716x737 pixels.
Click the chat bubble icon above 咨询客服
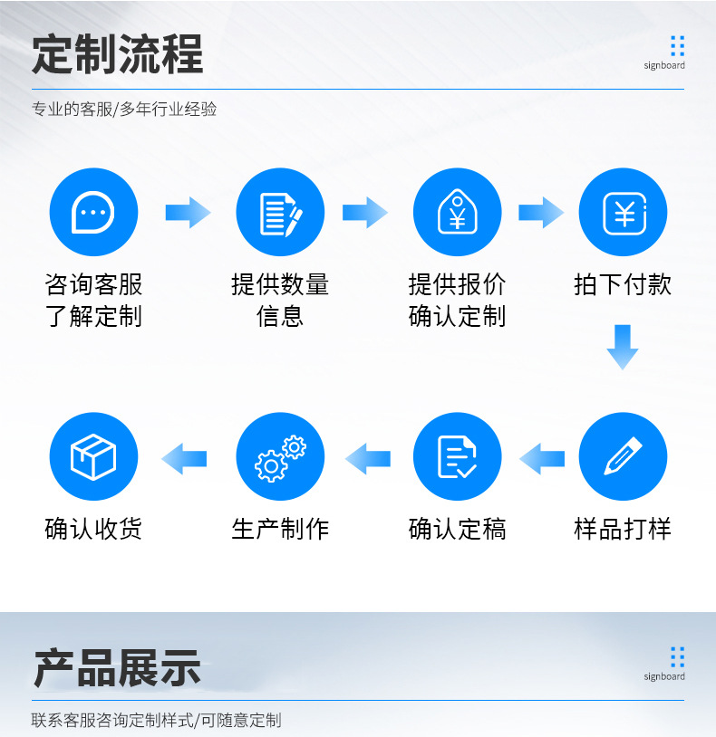click(x=93, y=213)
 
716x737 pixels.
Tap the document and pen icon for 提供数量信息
click(x=280, y=213)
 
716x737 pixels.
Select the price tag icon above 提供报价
click(x=457, y=213)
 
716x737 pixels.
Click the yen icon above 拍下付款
click(x=623, y=213)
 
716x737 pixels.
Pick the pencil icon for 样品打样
click(x=623, y=457)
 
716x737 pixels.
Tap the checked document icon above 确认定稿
click(x=457, y=457)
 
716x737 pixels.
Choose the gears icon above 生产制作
click(x=280, y=457)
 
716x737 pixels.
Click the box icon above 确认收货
click(x=93, y=457)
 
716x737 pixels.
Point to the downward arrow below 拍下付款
click(x=623, y=347)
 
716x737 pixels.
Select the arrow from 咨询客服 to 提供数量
click(x=188, y=213)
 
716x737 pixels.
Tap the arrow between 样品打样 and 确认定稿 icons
click(x=542, y=458)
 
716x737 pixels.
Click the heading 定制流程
click(x=118, y=54)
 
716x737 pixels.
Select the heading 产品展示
click(x=117, y=668)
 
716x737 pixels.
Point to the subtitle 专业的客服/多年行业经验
click(x=125, y=110)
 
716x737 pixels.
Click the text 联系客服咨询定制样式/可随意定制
click(x=157, y=721)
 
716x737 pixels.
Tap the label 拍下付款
click(x=623, y=284)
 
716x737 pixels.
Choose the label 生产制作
click(x=280, y=529)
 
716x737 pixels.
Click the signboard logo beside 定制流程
click(x=665, y=52)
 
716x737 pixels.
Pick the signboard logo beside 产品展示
click(x=665, y=663)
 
